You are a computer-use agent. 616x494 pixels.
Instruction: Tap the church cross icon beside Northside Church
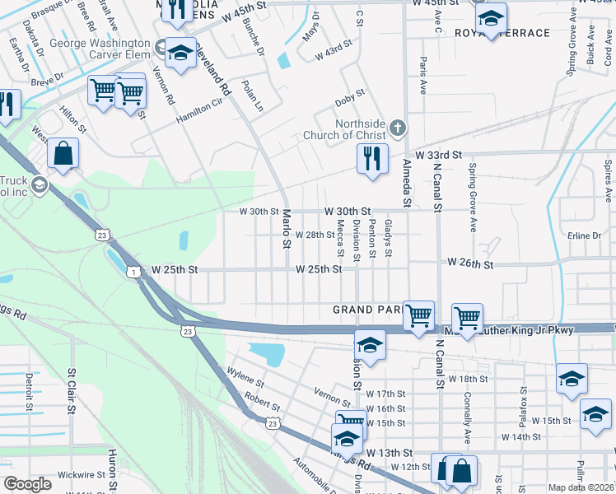pos(398,127)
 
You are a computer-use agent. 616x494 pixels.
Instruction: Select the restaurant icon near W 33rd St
pos(372,156)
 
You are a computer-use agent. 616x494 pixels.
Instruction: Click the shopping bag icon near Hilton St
pos(63,153)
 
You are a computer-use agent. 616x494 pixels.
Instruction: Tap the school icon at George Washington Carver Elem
pos(179,54)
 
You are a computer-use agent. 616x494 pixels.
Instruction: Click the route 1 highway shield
pos(132,271)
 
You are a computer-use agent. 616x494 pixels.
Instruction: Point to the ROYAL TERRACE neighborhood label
pos(514,33)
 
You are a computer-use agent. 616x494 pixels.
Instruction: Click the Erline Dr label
pos(585,235)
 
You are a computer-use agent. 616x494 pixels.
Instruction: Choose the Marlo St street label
pos(287,228)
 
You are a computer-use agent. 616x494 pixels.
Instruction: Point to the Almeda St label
pos(406,182)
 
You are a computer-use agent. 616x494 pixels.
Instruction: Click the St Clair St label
pos(72,390)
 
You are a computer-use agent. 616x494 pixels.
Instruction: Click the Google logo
pos(27,484)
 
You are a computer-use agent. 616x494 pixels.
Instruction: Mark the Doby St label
pos(349,100)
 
